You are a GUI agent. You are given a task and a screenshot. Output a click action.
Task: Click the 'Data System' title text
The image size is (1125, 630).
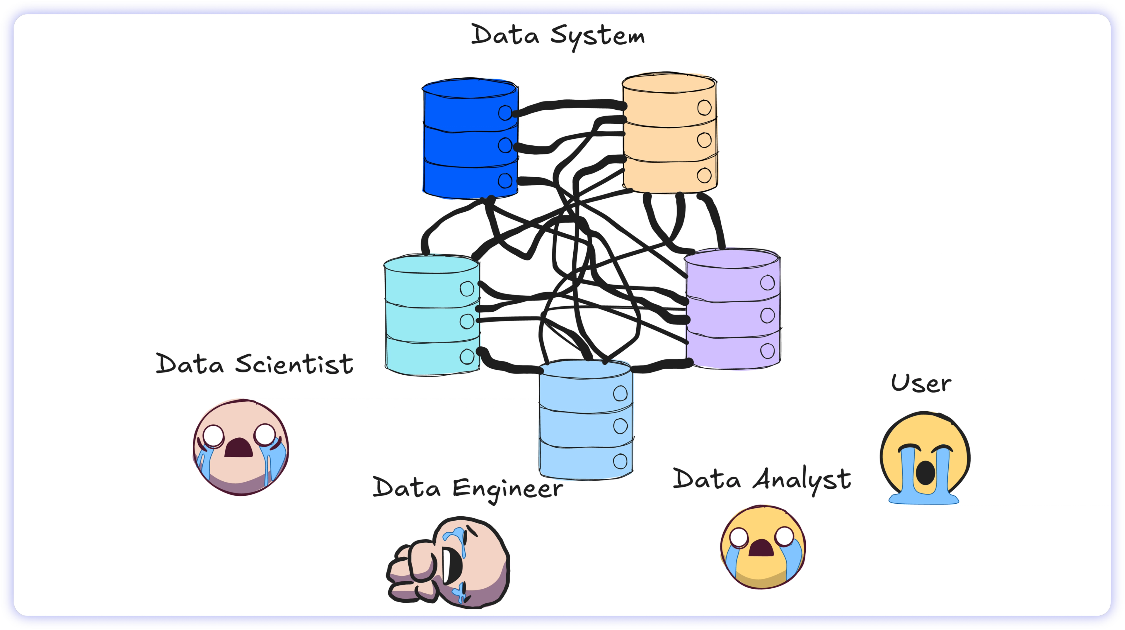tap(558, 37)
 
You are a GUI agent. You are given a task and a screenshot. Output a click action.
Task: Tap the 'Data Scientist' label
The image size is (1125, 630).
tap(255, 364)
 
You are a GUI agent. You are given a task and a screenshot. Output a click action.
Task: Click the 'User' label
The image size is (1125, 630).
tap(921, 383)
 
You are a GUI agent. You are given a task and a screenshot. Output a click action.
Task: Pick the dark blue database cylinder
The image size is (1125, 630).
tap(470, 138)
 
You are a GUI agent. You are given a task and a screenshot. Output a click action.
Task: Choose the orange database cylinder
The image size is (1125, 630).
tap(669, 133)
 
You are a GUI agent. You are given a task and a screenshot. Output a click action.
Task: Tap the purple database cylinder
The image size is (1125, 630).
tap(732, 309)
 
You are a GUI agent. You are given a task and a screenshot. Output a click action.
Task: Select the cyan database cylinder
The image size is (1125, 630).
tap(432, 315)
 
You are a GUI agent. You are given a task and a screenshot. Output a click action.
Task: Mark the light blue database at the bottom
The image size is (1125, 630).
tap(586, 420)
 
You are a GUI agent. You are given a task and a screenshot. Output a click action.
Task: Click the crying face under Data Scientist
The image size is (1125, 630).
tap(241, 447)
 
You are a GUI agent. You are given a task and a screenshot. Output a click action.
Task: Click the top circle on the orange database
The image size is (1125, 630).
tap(704, 107)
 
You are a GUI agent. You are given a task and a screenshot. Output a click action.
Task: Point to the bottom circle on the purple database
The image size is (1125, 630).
tap(767, 350)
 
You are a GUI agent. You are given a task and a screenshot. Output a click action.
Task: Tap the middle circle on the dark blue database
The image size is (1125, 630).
tap(505, 145)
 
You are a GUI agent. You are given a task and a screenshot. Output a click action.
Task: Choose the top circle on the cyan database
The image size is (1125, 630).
tap(466, 288)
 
